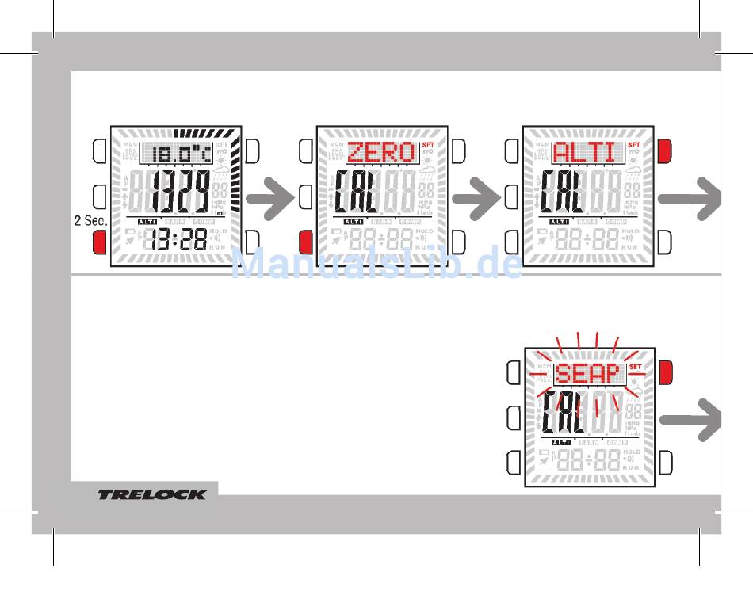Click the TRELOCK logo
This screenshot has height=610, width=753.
point(152,494)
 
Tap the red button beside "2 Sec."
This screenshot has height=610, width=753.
point(99,242)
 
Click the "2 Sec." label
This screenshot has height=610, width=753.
point(90,221)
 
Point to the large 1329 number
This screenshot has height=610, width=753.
point(181,192)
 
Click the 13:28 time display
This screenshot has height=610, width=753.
point(178,240)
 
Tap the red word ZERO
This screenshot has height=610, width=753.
point(381,152)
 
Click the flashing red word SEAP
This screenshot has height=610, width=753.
point(587,373)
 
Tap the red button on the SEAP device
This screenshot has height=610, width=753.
point(665,369)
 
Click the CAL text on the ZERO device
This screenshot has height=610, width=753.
point(355,192)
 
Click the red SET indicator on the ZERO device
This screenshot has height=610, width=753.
point(427,145)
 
